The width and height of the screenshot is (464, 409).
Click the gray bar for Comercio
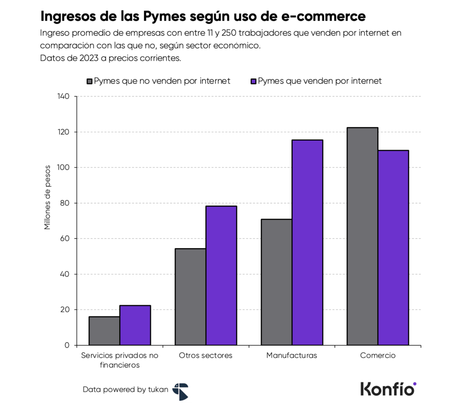[362, 236]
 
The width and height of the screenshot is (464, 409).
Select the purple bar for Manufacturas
[307, 243]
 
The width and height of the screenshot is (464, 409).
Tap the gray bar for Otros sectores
[190, 297]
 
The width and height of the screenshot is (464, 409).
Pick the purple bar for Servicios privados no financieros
[135, 325]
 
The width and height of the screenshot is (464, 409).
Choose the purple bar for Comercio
[393, 248]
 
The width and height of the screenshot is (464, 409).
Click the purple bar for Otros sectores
[221, 275]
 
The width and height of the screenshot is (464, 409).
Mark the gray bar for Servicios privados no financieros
[104, 331]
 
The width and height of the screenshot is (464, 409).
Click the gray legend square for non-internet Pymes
[90, 81]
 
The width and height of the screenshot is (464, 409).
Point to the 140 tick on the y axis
[63, 97]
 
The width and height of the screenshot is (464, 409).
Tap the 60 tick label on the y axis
[65, 239]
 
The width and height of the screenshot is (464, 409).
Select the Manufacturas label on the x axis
[291, 355]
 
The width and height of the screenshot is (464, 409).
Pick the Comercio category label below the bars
[378, 355]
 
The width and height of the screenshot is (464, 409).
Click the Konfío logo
[388, 389]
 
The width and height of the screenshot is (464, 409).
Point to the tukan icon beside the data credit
[180, 391]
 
